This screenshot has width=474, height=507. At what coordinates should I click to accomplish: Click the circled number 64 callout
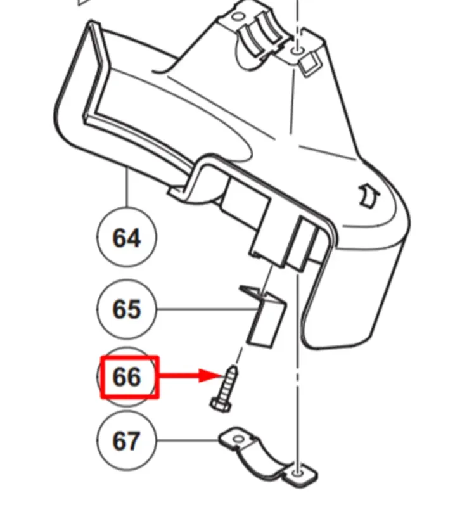[127, 237]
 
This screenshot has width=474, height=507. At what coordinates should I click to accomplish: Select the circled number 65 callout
[127, 309]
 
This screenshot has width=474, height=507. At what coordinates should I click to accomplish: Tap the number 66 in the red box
[127, 376]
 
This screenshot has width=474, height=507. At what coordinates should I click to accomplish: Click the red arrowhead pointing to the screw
[210, 376]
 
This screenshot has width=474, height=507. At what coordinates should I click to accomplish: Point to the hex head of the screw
[221, 404]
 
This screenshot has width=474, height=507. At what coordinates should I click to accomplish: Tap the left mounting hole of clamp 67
[238, 439]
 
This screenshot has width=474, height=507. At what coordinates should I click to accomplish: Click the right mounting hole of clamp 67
[298, 473]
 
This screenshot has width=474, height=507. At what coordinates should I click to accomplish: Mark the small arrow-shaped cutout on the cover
[369, 195]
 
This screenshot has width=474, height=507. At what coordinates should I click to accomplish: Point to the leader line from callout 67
[188, 440]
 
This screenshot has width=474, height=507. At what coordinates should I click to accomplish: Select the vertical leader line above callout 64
[127, 188]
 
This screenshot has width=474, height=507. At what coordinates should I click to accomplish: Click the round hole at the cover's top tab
[238, 16]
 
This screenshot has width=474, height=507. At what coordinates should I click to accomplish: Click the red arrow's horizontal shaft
[179, 376]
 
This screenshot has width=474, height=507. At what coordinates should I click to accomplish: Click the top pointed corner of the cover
[92, 22]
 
